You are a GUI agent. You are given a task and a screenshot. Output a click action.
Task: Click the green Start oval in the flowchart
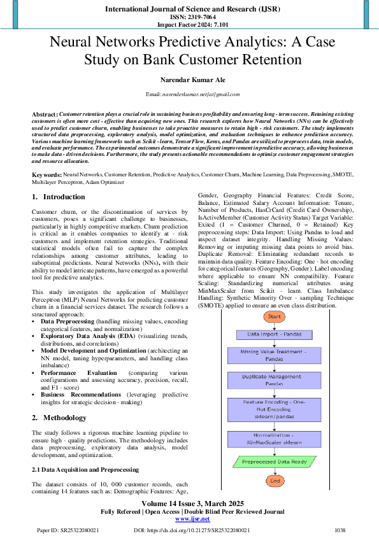click(274, 316)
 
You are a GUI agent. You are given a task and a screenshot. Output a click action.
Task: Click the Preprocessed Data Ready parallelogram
click(274, 462)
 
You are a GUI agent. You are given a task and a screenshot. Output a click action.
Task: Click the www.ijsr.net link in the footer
click(192, 519)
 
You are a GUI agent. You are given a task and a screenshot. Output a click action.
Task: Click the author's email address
click(192, 94)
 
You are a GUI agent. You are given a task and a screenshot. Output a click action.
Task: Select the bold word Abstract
click(44, 112)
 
